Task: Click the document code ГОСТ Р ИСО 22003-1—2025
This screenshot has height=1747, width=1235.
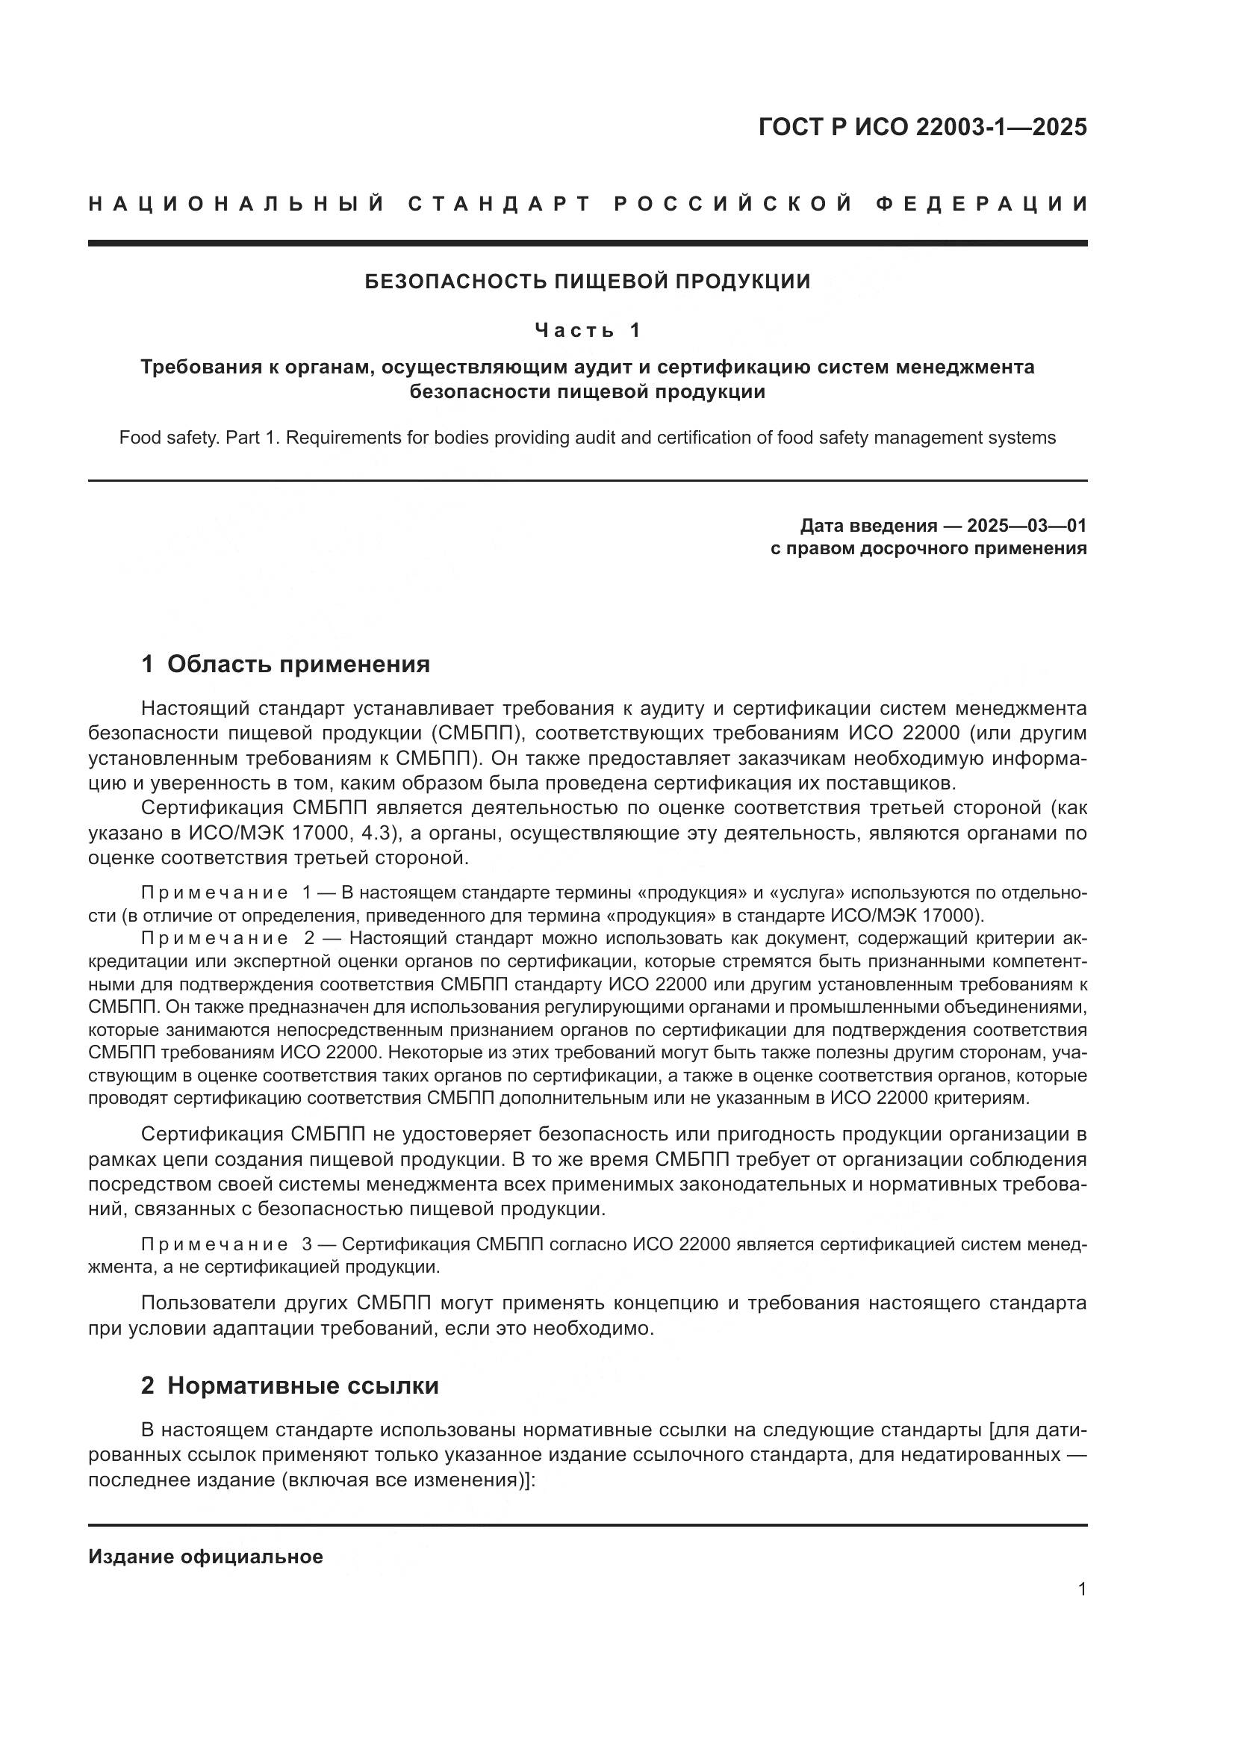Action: tap(921, 127)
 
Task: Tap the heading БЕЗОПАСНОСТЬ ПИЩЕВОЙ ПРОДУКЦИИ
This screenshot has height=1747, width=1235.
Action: tap(588, 282)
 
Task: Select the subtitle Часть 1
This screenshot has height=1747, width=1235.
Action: tap(588, 330)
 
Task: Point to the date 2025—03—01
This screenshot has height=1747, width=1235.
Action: tap(1026, 526)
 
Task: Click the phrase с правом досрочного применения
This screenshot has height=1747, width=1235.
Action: tap(928, 549)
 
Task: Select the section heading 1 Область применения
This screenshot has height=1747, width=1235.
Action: tap(285, 664)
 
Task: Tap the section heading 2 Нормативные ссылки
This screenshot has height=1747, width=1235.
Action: tap(290, 1386)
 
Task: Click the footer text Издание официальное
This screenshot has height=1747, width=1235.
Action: tap(205, 1557)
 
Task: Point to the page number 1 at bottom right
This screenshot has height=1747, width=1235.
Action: tap(1081, 1589)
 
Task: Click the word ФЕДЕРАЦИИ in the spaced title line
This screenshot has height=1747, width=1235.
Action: tap(982, 204)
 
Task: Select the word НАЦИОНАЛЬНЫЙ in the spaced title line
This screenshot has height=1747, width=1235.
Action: tap(237, 204)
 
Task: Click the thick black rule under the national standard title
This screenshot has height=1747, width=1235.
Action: tap(588, 243)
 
